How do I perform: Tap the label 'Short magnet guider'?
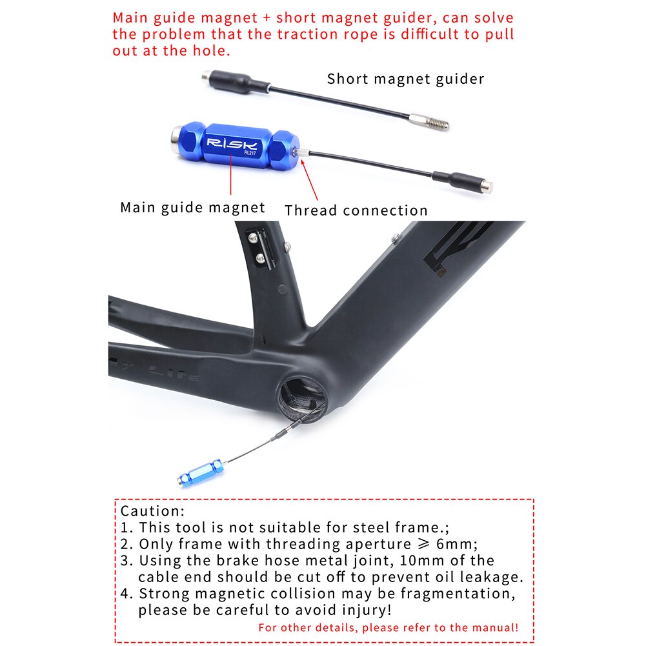(x=405, y=79)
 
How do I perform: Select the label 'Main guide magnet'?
(x=192, y=207)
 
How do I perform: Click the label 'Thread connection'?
(x=356, y=210)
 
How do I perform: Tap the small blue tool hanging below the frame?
(x=201, y=473)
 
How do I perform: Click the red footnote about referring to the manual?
(x=388, y=627)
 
